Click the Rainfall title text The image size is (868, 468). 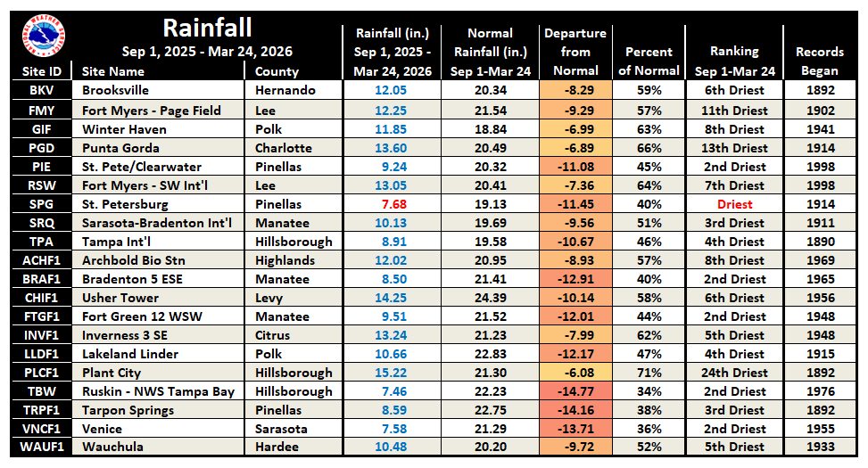pos(207,29)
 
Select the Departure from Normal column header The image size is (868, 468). pos(575,52)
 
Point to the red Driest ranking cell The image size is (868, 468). pos(734,204)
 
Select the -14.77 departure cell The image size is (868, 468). pos(575,391)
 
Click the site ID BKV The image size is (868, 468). pos(41,91)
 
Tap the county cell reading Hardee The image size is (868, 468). pos(277,447)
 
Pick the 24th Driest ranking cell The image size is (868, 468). pos(734,373)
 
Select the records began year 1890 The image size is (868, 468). pos(819,242)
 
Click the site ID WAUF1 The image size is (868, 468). pos(41,447)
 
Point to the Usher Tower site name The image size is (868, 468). pos(120,298)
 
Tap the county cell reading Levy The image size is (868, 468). pos(269,298)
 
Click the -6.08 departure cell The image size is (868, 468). pos(575,373)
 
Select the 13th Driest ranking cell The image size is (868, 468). pos(734,148)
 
